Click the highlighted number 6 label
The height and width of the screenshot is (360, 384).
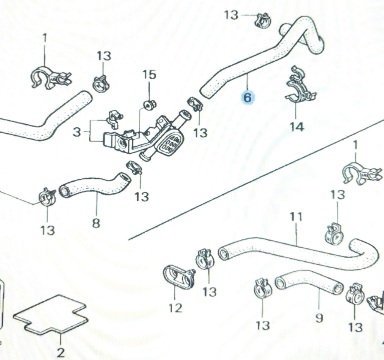(x=248, y=98)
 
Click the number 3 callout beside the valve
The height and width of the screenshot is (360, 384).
(x=76, y=131)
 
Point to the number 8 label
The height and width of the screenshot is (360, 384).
(x=96, y=224)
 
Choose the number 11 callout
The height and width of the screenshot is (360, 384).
(x=296, y=217)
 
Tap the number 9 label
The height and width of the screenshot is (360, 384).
(x=319, y=318)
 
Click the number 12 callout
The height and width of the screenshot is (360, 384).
(x=175, y=308)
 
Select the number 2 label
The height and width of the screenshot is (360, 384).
(x=61, y=352)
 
